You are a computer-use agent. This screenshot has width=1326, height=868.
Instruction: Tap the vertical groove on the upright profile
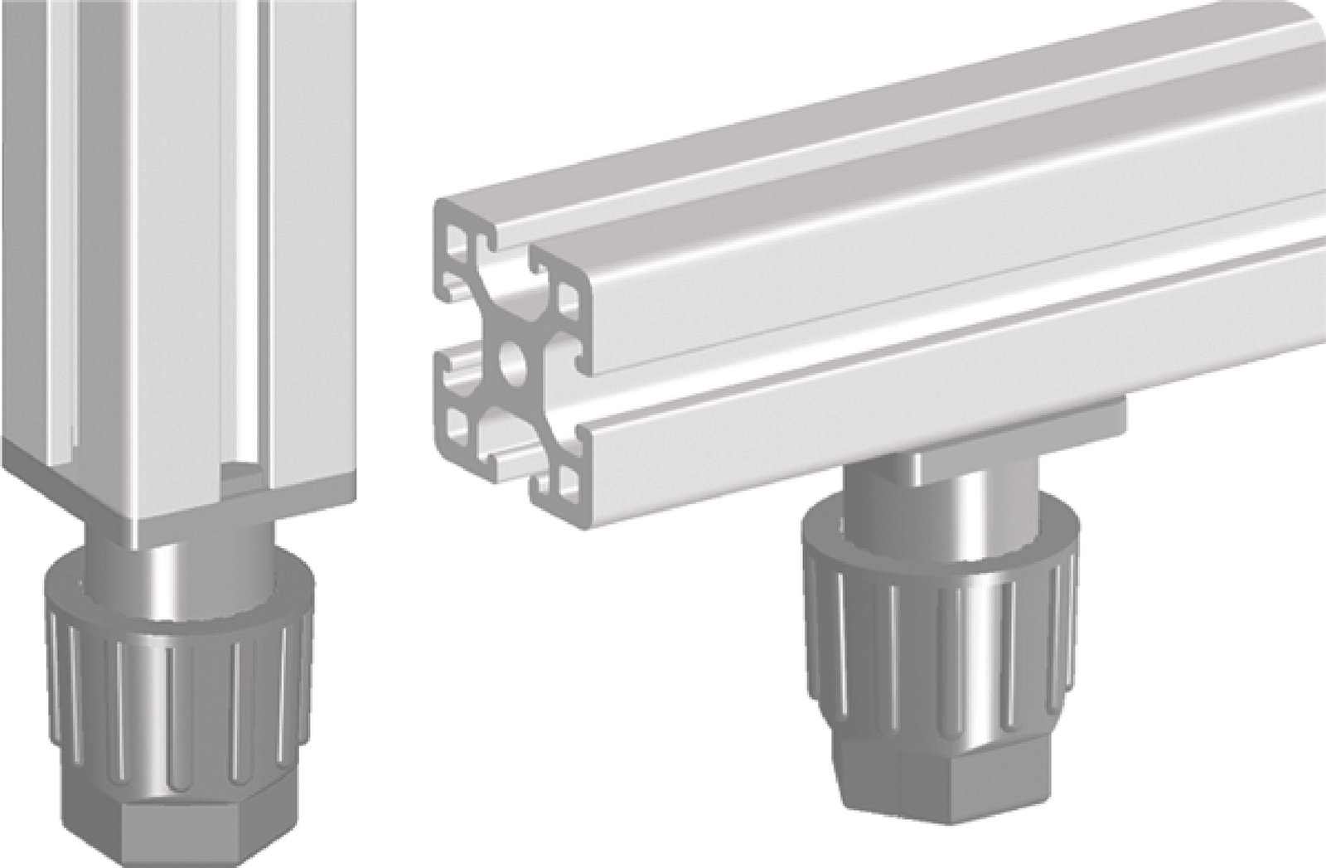249,249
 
